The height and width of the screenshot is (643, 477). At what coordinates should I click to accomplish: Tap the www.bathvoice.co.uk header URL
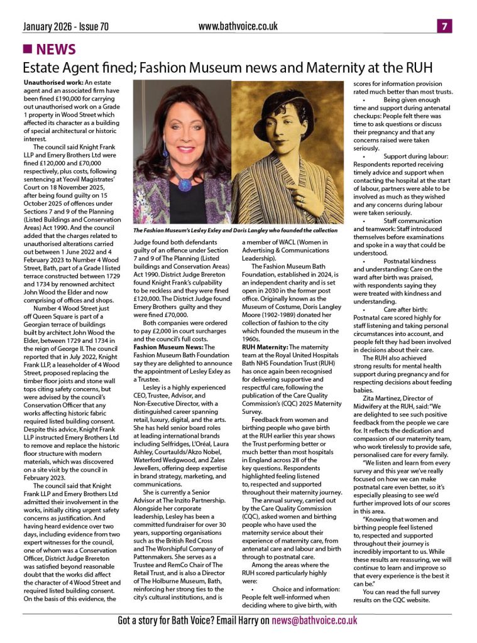tap(238, 26)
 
